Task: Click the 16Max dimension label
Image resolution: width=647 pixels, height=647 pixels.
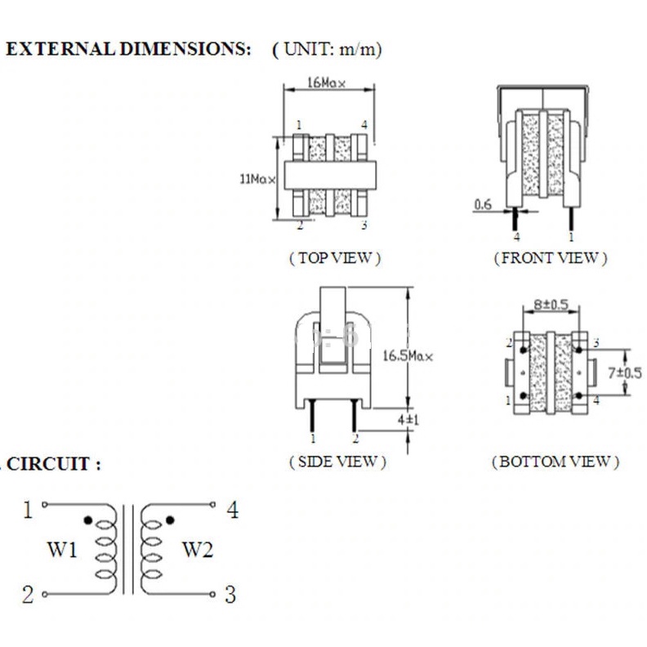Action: [x=328, y=83]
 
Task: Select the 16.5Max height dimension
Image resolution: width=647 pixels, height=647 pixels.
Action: [x=408, y=355]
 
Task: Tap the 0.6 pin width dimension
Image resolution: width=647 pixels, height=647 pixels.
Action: [x=483, y=204]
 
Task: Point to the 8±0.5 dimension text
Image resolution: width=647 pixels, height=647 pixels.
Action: [x=551, y=304]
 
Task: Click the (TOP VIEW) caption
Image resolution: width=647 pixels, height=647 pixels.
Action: [x=335, y=258]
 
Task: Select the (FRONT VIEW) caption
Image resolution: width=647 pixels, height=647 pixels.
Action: [x=551, y=258]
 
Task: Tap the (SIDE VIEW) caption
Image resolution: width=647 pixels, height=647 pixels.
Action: [x=337, y=462]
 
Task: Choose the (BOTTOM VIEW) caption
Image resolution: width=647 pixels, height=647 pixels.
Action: [x=555, y=462]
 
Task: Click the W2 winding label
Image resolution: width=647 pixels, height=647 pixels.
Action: [x=197, y=550]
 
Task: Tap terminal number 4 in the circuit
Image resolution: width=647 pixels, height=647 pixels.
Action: [x=233, y=511]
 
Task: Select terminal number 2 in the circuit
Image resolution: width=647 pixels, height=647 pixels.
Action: [x=27, y=596]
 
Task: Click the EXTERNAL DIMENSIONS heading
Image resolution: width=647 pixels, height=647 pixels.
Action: [x=128, y=49]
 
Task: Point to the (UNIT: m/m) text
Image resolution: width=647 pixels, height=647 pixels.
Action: [x=327, y=49]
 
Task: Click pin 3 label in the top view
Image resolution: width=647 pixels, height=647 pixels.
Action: [x=364, y=225]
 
